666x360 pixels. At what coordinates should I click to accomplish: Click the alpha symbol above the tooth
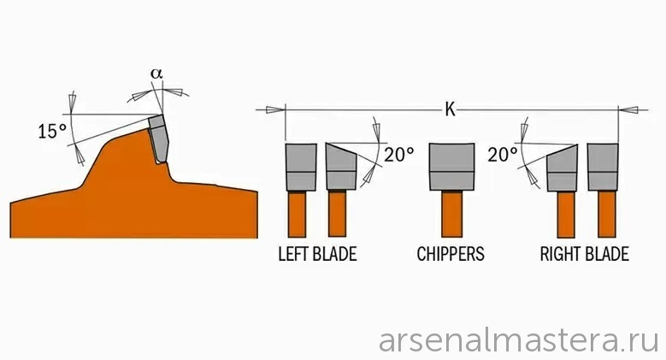click(156, 73)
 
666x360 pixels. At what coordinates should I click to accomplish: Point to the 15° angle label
click(52, 132)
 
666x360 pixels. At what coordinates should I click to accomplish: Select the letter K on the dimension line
click(450, 109)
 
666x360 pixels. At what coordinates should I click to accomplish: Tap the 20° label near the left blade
click(399, 154)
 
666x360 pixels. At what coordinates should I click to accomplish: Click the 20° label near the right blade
click(502, 155)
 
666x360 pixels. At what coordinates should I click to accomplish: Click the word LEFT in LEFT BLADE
click(293, 254)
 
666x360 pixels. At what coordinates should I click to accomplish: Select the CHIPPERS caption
click(451, 254)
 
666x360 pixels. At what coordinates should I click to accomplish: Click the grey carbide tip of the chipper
click(451, 167)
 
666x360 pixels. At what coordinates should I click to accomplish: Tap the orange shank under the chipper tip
click(451, 214)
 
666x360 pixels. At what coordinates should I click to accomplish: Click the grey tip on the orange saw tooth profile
click(158, 139)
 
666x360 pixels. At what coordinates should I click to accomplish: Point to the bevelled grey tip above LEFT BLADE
click(341, 166)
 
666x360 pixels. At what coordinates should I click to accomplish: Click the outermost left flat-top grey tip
click(301, 167)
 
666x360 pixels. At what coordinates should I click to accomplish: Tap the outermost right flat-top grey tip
click(603, 167)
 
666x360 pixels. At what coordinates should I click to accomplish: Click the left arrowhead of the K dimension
click(275, 110)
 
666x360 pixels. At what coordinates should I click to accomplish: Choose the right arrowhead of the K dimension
click(628, 110)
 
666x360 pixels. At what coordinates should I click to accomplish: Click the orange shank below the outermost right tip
click(607, 214)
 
